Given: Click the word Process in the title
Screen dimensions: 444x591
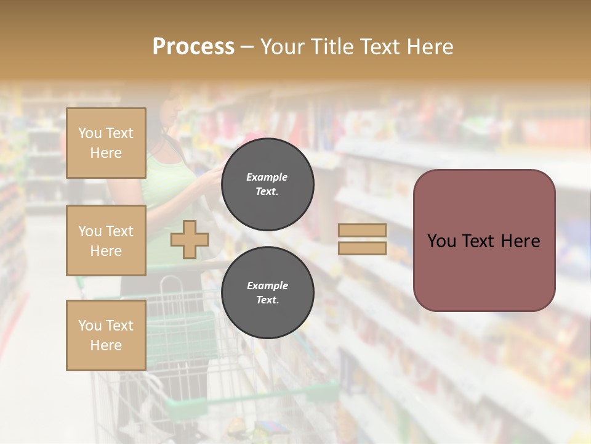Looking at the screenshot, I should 193,47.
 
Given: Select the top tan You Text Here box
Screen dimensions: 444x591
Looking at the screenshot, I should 106,143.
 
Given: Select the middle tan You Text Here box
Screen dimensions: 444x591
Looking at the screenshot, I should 106,240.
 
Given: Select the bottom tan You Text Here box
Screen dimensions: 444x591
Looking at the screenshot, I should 106,335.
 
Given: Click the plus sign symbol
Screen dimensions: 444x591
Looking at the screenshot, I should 189,239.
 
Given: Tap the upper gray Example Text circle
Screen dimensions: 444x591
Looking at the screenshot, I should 267,184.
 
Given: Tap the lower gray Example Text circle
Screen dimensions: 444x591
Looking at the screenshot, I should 267,293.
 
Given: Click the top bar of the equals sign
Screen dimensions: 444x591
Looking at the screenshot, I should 362,231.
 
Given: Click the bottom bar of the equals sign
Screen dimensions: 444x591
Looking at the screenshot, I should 362,248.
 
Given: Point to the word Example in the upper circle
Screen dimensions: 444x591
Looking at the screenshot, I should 267,178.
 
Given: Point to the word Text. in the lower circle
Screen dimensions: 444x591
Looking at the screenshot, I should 267,300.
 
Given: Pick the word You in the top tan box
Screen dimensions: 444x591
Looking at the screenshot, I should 90,133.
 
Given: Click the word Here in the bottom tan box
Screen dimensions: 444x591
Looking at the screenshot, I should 106,345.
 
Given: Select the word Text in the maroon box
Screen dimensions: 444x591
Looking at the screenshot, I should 478,241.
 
